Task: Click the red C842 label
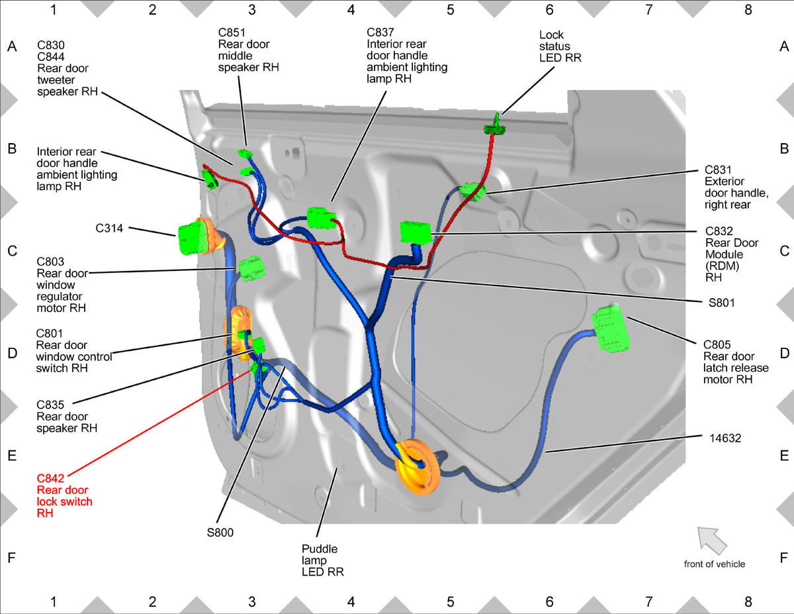coord(50,478)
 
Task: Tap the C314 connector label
coord(109,229)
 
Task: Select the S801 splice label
coord(721,303)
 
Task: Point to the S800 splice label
coord(220,533)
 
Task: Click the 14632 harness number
coord(725,438)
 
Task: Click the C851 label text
coord(232,32)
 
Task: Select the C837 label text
coord(380,32)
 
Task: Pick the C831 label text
coord(718,170)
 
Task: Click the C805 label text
coord(717,345)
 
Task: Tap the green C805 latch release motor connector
coord(610,329)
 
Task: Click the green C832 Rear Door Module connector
coord(416,232)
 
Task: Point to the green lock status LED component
coord(495,125)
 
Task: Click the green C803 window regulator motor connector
coord(251,268)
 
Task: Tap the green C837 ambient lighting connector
coord(321,218)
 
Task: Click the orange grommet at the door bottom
coord(418,467)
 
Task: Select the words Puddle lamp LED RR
coord(323,560)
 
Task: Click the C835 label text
coord(50,405)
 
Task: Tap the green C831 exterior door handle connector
coord(472,191)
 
